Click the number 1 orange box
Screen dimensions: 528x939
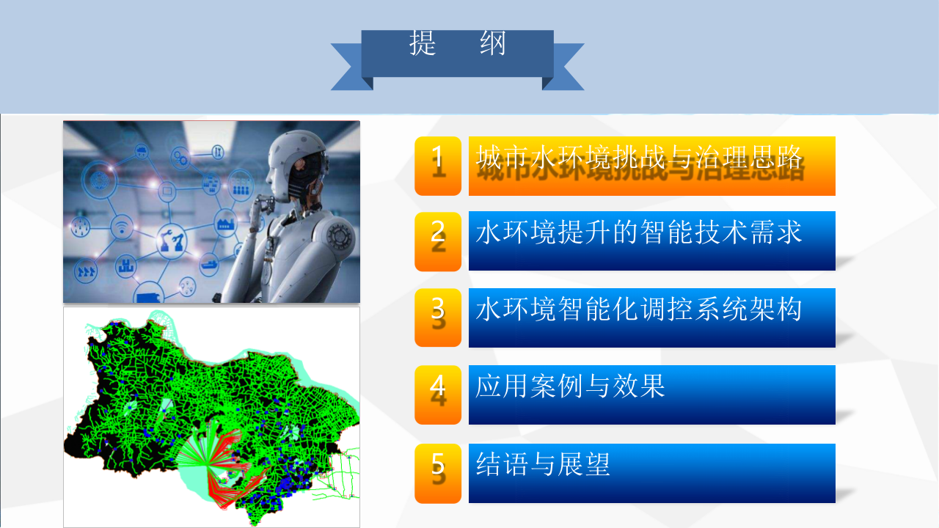[438, 166]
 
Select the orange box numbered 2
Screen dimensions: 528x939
[438, 241]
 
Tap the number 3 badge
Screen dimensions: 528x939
[438, 318]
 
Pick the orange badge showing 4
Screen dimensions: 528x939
[438, 395]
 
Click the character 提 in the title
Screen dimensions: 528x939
[423, 45]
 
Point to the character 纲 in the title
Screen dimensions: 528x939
[493, 45]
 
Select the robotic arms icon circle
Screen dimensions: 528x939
[174, 239]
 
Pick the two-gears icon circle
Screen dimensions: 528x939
[180, 156]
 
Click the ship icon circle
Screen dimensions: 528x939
[208, 262]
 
